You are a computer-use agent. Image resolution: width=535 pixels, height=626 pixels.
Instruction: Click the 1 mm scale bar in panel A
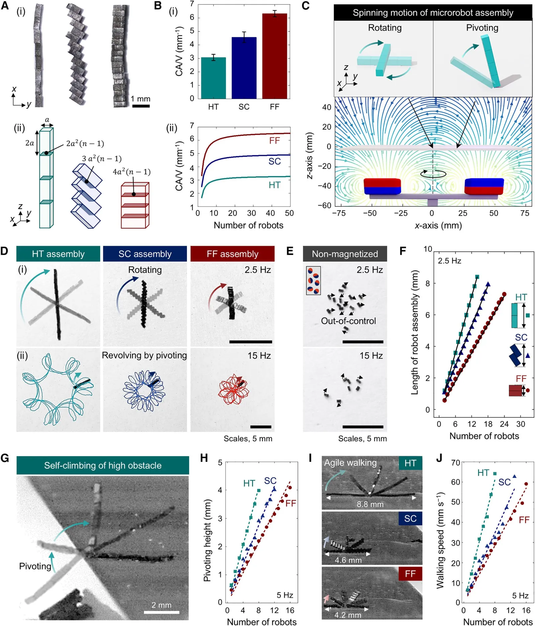pos(141,106)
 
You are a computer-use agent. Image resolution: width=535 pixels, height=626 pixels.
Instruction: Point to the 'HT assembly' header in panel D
pos(58,254)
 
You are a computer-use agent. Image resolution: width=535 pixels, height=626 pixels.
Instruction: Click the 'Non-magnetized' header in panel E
pos(345,254)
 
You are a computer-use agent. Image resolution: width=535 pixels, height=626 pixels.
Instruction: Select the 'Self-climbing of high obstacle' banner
pos(103,465)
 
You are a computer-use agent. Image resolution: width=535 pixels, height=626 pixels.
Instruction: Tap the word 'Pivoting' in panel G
pos(35,566)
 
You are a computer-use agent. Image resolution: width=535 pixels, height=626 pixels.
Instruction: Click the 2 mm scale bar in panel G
pos(162,612)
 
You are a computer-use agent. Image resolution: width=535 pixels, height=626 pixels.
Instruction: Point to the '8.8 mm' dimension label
pos(370,504)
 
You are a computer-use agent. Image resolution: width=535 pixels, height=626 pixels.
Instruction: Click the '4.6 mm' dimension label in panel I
pos(348,560)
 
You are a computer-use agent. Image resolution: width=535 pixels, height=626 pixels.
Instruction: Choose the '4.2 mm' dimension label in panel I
pos(347,615)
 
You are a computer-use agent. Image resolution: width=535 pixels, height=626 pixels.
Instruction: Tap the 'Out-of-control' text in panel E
pos(348,321)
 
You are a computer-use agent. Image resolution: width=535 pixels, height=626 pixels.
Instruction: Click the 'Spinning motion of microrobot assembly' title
pos(433,13)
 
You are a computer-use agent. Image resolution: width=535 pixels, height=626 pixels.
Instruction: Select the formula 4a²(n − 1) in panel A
pos(131,172)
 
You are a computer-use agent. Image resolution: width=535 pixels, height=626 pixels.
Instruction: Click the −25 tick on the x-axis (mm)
pos(401,213)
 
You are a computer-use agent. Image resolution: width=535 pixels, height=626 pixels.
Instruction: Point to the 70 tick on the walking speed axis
pos(455,463)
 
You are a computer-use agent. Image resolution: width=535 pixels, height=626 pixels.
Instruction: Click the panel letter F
pos(403,251)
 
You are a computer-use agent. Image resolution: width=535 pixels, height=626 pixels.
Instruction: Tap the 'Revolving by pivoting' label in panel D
pos(144,355)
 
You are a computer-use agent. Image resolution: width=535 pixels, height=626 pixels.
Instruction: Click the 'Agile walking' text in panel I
pos(350,462)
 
